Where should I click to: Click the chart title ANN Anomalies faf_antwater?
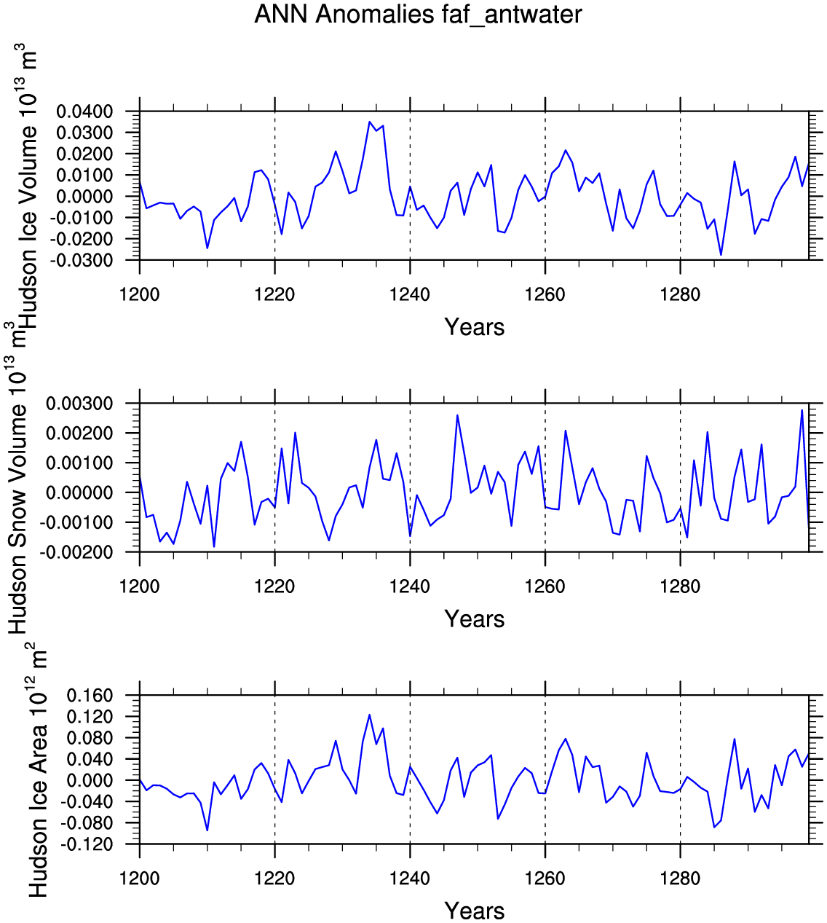(x=418, y=15)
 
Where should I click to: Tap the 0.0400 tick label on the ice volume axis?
(x=84, y=111)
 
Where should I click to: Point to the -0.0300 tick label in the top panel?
(x=82, y=261)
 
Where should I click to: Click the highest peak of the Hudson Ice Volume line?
(x=370, y=122)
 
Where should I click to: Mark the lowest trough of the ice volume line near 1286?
(x=721, y=255)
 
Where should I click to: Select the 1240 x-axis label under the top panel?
(x=410, y=295)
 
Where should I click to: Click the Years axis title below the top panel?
(x=474, y=327)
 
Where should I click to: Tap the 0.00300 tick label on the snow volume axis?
(x=80, y=403)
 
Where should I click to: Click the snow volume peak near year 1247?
(x=457, y=415)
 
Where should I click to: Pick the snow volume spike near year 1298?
(x=802, y=410)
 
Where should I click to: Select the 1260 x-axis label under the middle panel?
(x=545, y=586)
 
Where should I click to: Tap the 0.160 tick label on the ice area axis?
(x=90, y=696)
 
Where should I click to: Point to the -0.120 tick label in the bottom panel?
(x=87, y=845)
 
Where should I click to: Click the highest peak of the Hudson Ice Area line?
(x=370, y=715)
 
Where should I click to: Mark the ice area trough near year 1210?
(x=207, y=830)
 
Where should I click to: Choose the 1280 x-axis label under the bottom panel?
(x=681, y=879)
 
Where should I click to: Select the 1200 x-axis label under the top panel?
(x=139, y=295)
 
